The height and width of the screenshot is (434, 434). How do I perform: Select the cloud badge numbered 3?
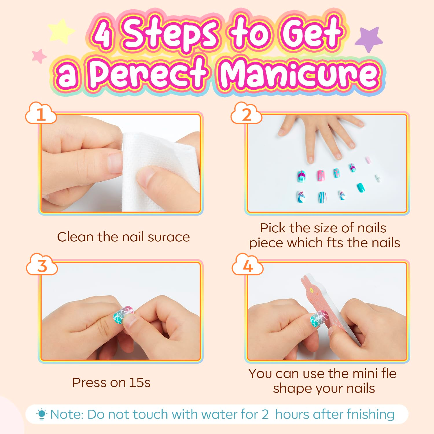(x=42, y=265)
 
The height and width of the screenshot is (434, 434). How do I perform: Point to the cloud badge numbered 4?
(x=247, y=265)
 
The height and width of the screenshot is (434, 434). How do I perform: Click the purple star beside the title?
(x=369, y=39)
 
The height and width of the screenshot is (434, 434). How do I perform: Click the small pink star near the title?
(x=39, y=56)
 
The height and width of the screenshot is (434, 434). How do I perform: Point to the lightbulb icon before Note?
(x=42, y=414)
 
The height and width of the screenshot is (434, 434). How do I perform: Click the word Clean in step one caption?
(x=76, y=237)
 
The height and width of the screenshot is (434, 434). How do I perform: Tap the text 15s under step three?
(x=140, y=382)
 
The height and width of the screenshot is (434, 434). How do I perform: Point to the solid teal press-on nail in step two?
(x=361, y=187)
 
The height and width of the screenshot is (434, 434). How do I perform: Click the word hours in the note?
(x=292, y=414)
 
